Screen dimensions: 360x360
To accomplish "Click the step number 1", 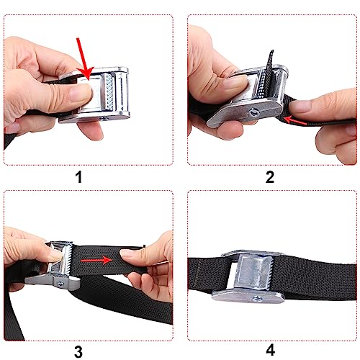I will [x=90, y=176].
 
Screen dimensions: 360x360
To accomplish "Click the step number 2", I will [x=270, y=176].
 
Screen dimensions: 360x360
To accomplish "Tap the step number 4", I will [x=270, y=351].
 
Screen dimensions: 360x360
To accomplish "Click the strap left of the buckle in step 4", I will [x=205, y=277].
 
